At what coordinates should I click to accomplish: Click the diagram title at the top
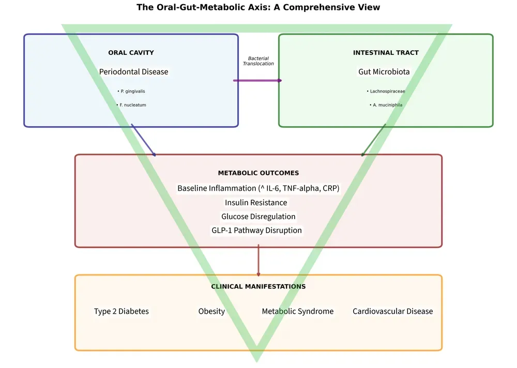point(258,7)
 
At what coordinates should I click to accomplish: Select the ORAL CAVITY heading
point(131,53)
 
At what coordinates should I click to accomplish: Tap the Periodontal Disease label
point(134,72)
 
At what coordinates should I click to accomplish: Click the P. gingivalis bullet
point(131,91)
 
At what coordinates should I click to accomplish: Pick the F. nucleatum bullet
point(131,105)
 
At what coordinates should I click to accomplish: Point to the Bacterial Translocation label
point(258,61)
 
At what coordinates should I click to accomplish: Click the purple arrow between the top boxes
point(257,81)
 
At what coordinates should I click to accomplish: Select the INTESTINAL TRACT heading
point(386,53)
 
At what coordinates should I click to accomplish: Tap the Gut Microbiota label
point(384,72)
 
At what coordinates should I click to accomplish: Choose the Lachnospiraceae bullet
point(386,91)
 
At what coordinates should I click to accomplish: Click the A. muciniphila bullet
point(386,105)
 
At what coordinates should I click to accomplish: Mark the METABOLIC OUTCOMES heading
point(258,173)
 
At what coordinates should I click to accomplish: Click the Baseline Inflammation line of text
point(258,188)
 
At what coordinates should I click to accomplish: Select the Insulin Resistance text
point(256,203)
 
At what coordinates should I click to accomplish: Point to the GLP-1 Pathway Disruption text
point(256,230)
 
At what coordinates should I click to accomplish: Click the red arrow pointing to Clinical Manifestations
point(258,260)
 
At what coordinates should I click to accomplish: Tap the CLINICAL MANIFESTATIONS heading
point(258,286)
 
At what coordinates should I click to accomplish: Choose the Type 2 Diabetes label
point(121,311)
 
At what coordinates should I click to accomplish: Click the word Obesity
point(211,311)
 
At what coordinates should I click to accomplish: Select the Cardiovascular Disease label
point(393,311)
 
